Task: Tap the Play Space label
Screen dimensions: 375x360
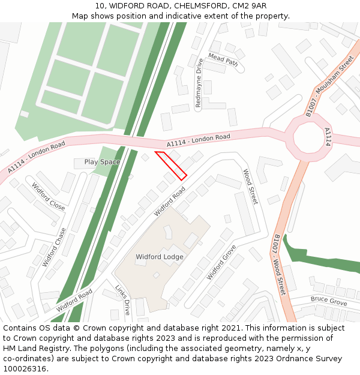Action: [x=102, y=162]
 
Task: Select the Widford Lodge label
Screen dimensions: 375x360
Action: [x=160, y=257]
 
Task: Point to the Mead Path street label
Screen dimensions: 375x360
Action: [x=223, y=59]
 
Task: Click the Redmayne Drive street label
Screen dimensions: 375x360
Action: [x=199, y=83]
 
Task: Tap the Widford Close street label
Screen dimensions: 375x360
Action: [x=49, y=196]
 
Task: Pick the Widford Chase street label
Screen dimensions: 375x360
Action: [x=55, y=247]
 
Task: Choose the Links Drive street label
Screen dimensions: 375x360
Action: [x=122, y=300]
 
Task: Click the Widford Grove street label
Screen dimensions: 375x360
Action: [x=221, y=262]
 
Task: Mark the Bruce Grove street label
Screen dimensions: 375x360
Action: [x=328, y=301]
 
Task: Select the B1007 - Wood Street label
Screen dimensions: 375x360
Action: [x=279, y=264]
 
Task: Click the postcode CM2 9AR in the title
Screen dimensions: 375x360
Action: [x=250, y=6]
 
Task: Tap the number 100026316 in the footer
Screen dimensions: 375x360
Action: [x=25, y=369]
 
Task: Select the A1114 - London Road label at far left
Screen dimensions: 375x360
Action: [x=37, y=158]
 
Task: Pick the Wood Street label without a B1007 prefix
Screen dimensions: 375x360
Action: [x=250, y=187]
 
